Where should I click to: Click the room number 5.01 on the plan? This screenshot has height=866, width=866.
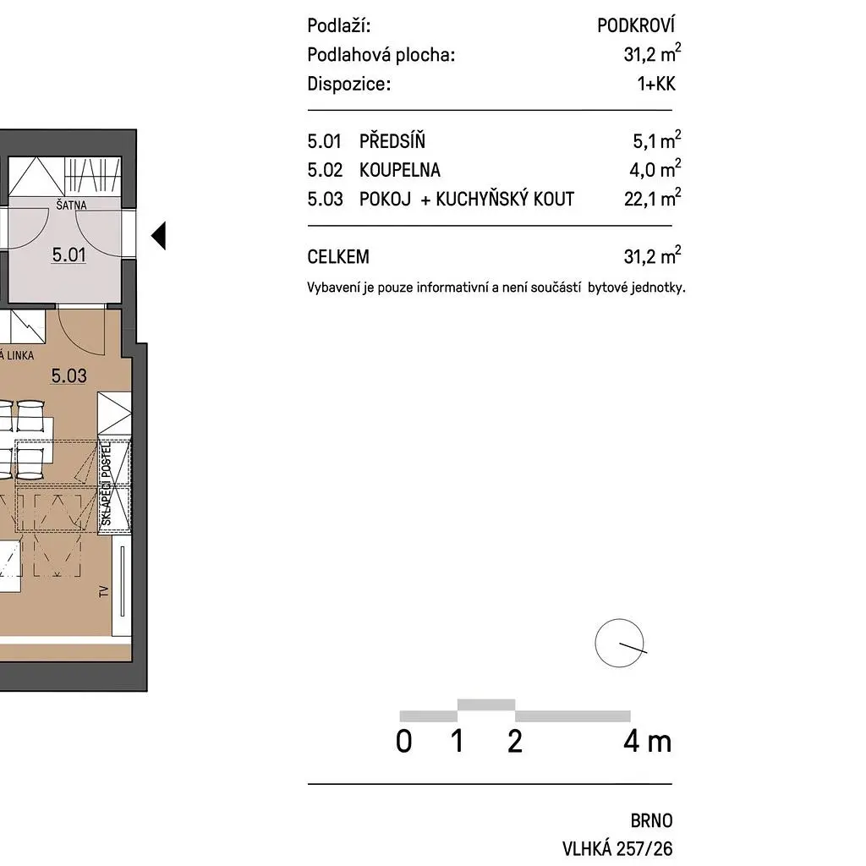[69, 255]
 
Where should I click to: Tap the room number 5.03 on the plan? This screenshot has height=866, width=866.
[69, 375]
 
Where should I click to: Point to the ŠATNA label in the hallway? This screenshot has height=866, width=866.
[71, 205]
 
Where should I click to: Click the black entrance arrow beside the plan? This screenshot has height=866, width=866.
[158, 236]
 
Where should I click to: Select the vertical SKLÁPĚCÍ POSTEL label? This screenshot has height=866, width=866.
[106, 485]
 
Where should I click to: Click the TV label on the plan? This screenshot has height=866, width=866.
[104, 591]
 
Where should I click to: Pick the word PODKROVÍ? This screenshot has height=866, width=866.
[636, 25]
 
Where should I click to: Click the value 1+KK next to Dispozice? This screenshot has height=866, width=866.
[656, 84]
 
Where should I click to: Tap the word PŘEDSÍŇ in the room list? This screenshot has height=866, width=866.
[392, 140]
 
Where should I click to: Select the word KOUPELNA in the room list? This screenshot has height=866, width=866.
[400, 169]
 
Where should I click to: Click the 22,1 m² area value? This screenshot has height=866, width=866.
[652, 198]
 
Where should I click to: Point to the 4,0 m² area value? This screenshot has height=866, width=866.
[655, 169]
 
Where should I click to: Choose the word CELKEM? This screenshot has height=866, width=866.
[338, 257]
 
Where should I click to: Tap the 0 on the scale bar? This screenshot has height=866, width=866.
[403, 741]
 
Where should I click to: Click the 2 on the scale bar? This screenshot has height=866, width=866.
[515, 741]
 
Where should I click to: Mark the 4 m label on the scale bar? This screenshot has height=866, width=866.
[647, 741]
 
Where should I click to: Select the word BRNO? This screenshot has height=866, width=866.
[652, 820]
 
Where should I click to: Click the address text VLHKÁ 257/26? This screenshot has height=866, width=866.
[617, 848]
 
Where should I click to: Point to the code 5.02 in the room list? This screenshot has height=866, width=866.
[325, 169]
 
